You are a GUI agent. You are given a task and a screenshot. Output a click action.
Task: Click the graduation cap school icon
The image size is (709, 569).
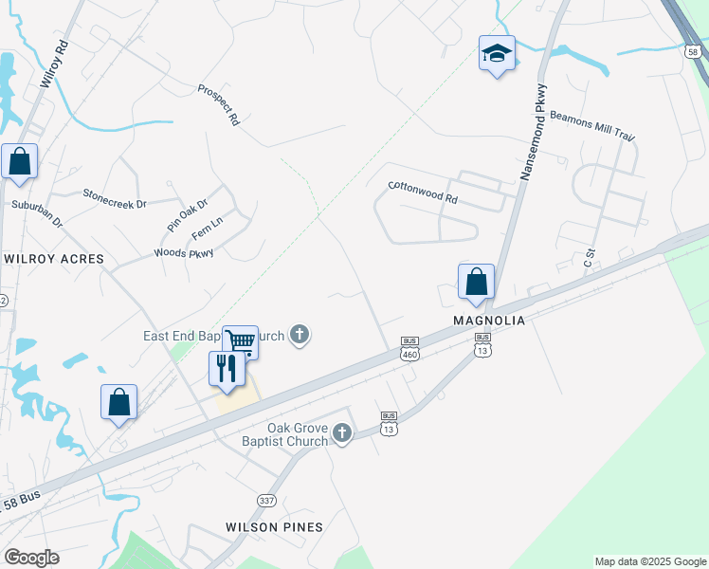tap(497, 53)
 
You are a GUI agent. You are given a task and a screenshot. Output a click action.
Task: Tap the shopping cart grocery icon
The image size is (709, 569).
tap(241, 340)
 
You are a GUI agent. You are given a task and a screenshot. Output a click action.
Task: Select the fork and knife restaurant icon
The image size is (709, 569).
tap(226, 367)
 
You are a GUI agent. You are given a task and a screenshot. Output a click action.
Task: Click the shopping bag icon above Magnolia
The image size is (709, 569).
tap(476, 282)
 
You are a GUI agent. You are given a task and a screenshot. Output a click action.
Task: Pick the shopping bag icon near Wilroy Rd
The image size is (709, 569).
tap(20, 162)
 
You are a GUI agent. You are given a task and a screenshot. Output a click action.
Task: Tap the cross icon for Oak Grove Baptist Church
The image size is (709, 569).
tap(342, 433)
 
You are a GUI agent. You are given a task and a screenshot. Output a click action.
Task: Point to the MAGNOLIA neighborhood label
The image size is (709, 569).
tap(488, 321)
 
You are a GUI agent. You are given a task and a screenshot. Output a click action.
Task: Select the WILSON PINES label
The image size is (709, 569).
tap(274, 527)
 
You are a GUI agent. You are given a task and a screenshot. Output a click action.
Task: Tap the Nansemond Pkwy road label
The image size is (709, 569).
tap(533, 132)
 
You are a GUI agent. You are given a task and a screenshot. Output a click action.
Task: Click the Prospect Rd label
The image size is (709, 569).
tap(219, 105)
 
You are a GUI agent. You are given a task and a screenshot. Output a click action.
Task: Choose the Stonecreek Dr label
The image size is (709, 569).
tap(115, 197)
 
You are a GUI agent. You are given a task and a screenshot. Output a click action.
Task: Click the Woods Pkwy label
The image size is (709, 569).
tap(184, 253)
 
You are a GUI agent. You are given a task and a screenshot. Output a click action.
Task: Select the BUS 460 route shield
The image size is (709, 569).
tap(409, 348)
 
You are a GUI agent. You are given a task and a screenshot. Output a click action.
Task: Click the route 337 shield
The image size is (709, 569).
tap(266, 499)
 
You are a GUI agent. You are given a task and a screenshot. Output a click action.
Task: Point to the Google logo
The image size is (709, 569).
tap(31, 558)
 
